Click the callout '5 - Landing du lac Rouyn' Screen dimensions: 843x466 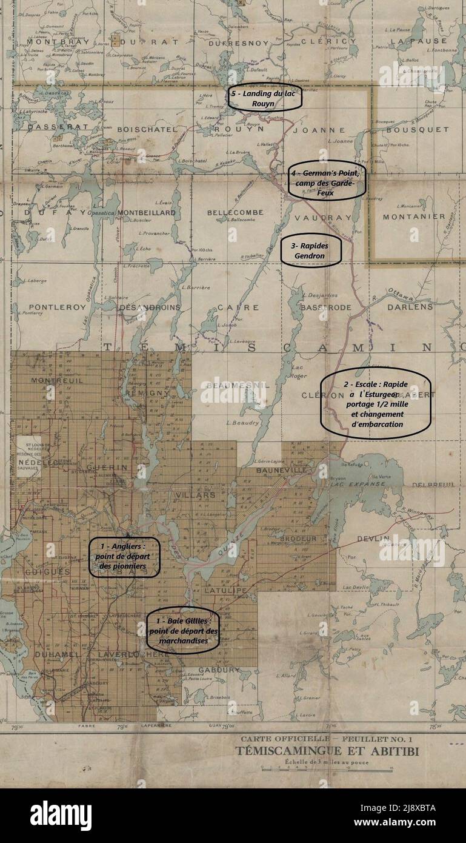(265, 98)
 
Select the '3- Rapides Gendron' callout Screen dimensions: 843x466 (311, 250)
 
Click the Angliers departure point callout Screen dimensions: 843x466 (124, 557)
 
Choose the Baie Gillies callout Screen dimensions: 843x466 (182, 631)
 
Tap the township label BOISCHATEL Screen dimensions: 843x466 (147, 129)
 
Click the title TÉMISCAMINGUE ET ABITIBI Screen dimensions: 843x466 (327, 753)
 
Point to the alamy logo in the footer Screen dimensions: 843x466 (61, 816)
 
